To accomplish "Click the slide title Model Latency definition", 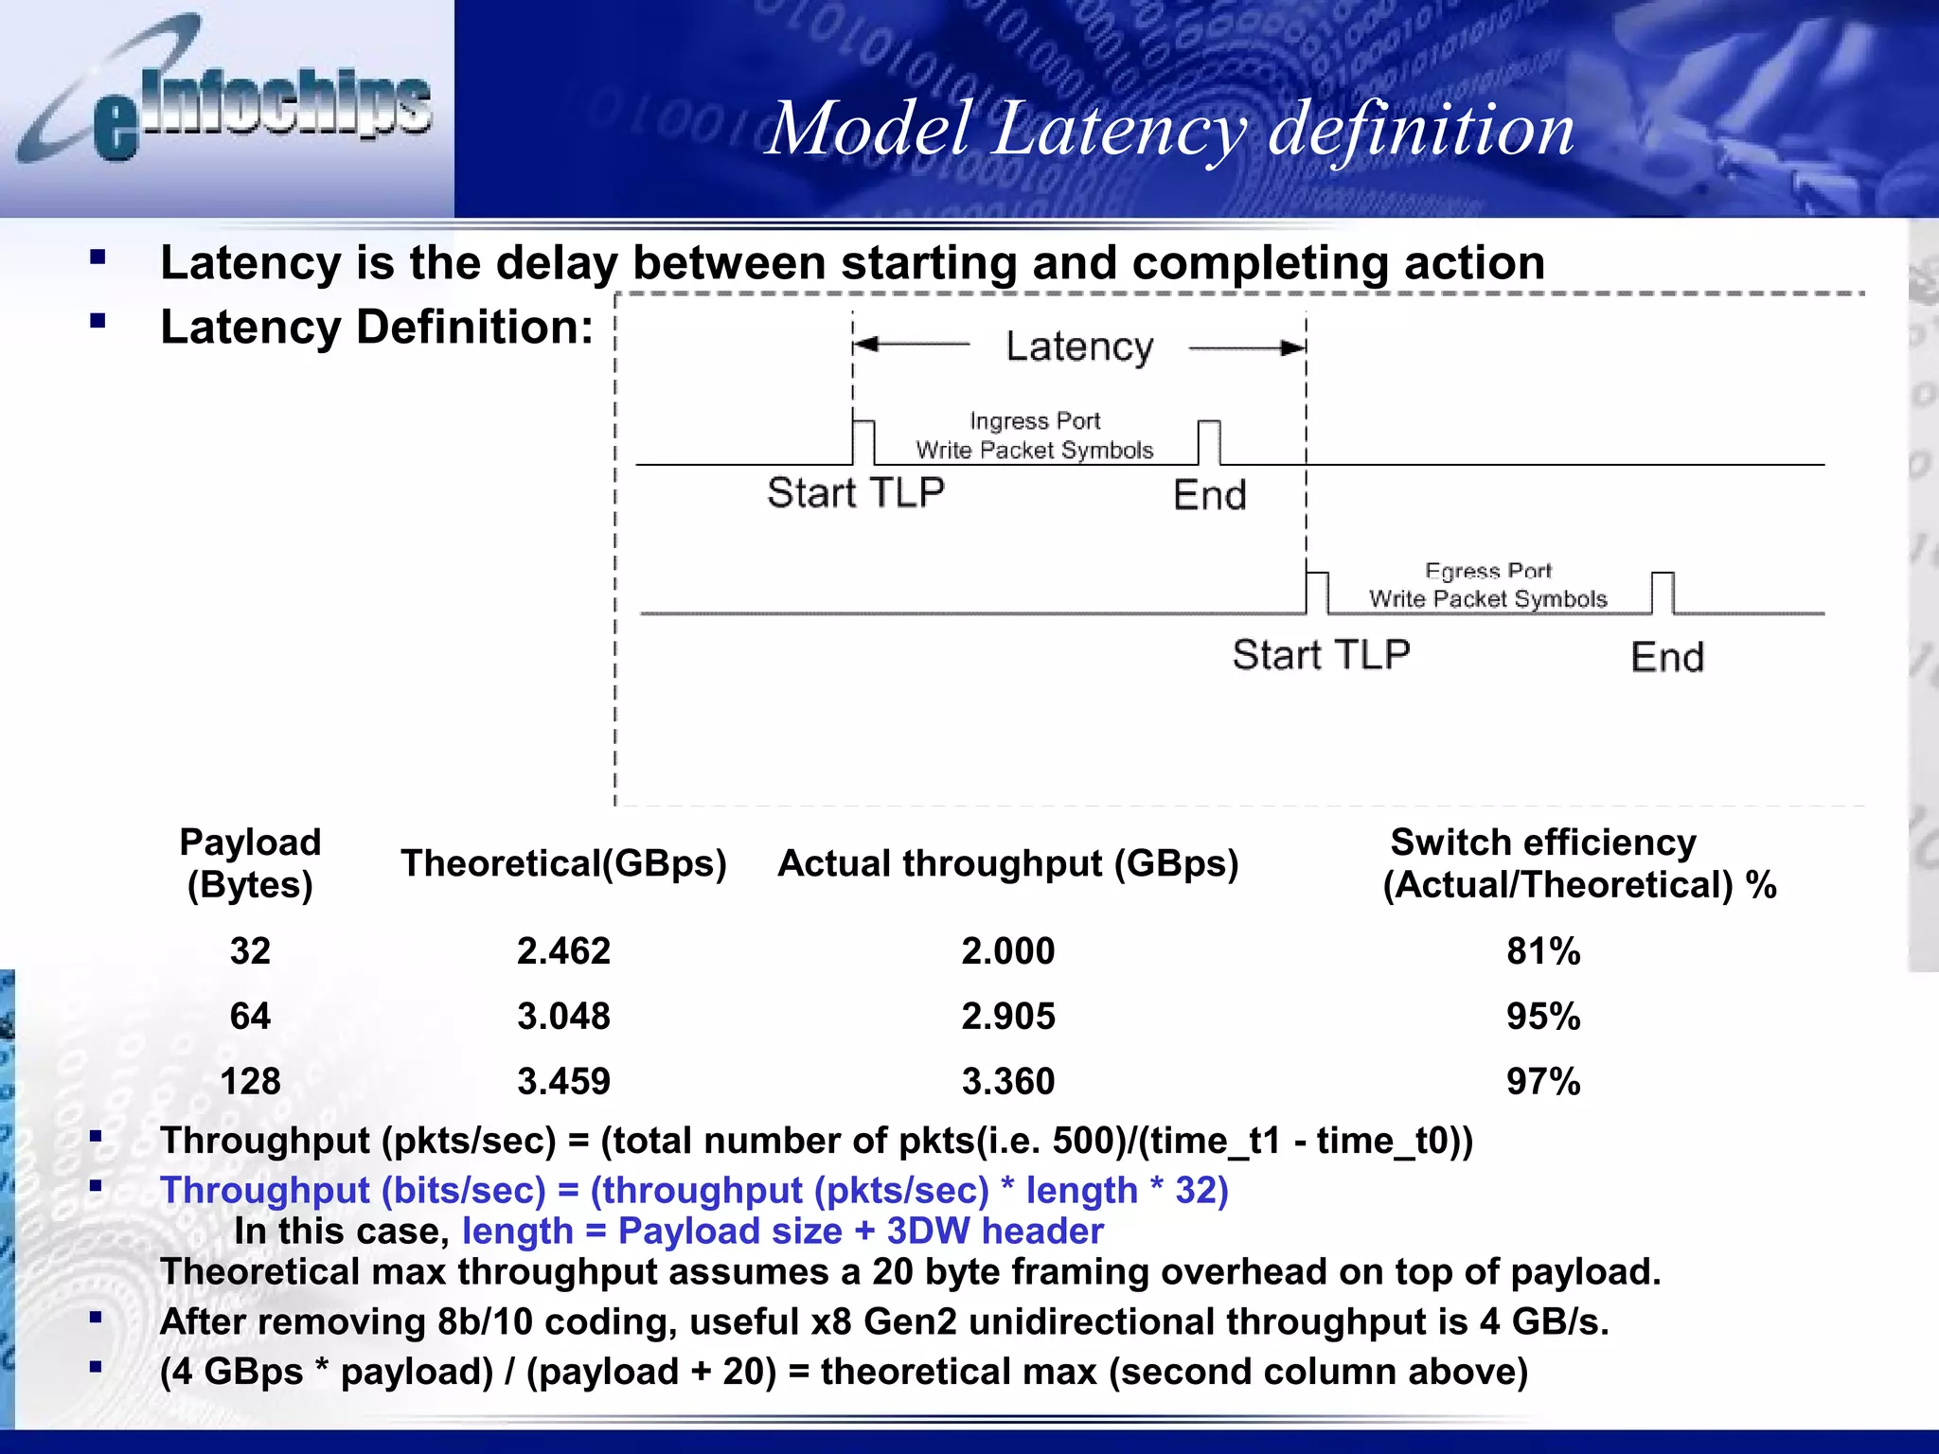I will coord(1170,129).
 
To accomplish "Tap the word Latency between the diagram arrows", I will coord(1079,347).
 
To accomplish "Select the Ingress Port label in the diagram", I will coord(1035,420).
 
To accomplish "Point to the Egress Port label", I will coord(1488,571).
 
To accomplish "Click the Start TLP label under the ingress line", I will coord(855,493).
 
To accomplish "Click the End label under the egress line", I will coord(1666,657).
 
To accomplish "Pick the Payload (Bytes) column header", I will coord(250,863).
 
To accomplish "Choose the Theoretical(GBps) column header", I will coord(563,863).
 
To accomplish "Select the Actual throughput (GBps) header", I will coord(1007,863).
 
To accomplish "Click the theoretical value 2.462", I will coord(563,950).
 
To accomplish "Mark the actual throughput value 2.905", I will coord(1007,1016).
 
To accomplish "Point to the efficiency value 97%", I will coord(1543,1081).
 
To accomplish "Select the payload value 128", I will coord(250,1081).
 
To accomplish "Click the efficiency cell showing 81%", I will coord(1543,950).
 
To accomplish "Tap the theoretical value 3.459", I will coord(563,1081).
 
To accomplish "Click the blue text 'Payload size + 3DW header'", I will coord(861,1231).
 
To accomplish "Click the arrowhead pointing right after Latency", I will coord(1293,348).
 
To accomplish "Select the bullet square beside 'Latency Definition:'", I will coord(98,321).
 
